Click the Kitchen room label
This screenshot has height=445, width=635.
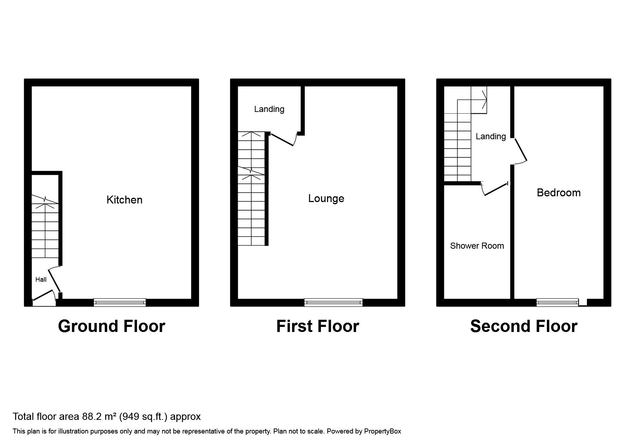[124, 200]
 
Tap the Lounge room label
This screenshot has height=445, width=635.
[326, 198]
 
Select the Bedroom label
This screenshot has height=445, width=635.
[558, 193]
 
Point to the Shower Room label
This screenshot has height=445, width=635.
[477, 246]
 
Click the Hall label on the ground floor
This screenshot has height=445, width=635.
[41, 280]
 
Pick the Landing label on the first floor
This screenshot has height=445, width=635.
[269, 109]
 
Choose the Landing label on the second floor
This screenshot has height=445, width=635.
[491, 136]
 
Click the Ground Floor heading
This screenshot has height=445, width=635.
[112, 326]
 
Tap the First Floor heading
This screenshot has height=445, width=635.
[317, 326]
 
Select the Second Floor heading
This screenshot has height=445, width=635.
[523, 326]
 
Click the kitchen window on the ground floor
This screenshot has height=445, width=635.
[120, 303]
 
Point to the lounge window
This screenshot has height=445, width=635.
[333, 303]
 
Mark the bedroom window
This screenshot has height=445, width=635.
[558, 303]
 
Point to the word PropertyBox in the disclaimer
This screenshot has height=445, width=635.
[382, 431]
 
